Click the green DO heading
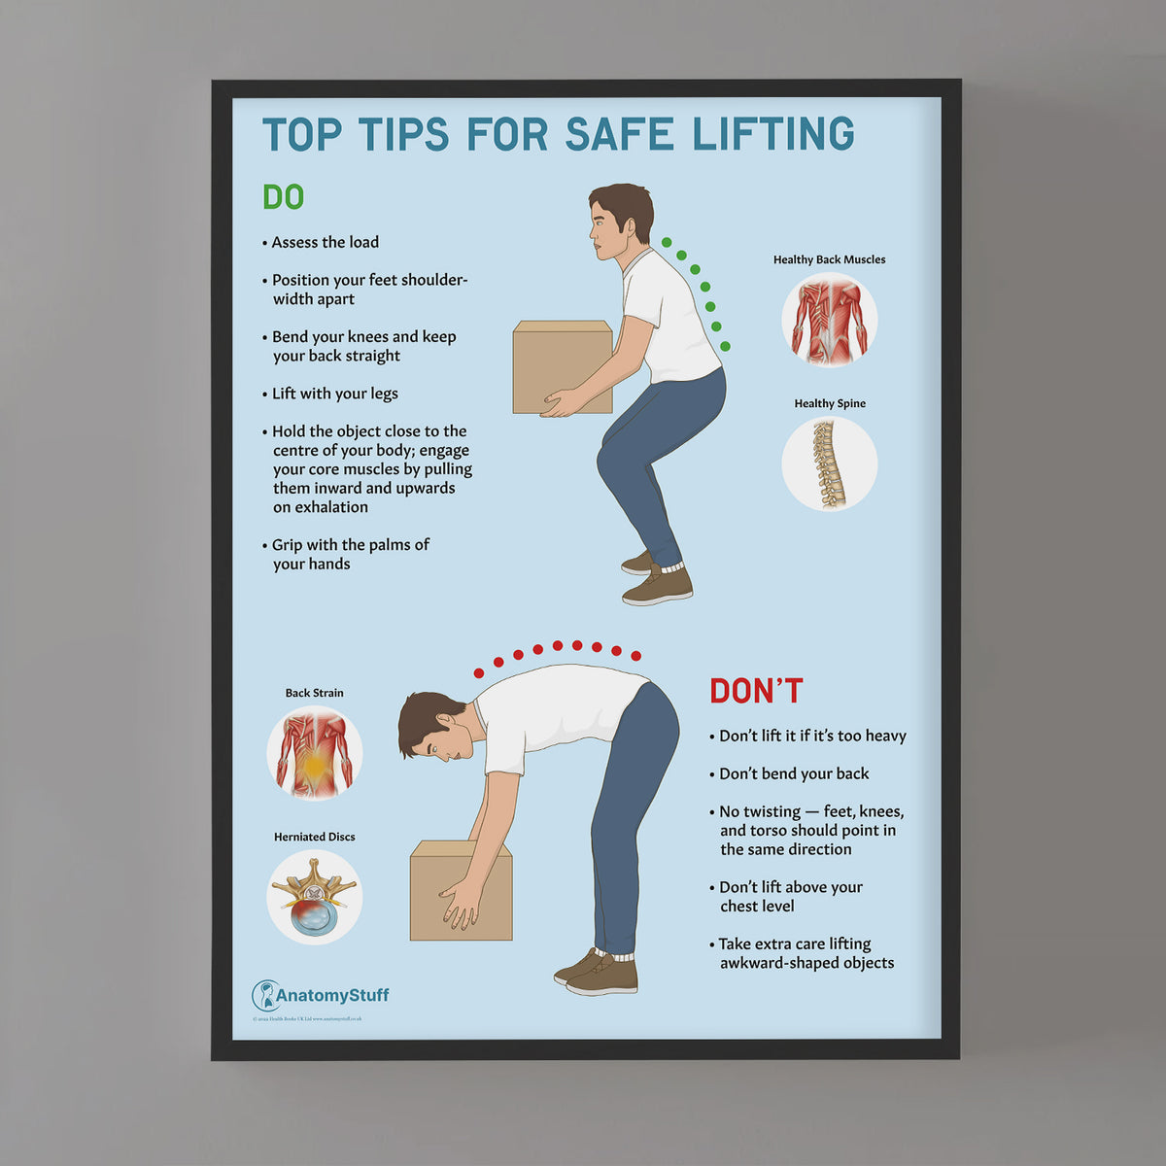(283, 197)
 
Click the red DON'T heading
(756, 691)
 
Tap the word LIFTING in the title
(773, 134)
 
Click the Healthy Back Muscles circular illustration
(829, 320)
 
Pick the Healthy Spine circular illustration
(829, 464)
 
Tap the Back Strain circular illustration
(315, 754)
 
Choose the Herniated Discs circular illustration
(315, 897)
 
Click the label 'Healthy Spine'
(830, 403)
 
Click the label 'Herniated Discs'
(314, 837)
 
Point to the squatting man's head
(620, 222)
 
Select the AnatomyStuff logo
(321, 995)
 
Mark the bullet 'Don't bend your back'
(794, 773)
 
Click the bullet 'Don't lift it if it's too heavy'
(812, 736)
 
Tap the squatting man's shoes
(657, 580)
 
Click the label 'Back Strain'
(314, 693)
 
